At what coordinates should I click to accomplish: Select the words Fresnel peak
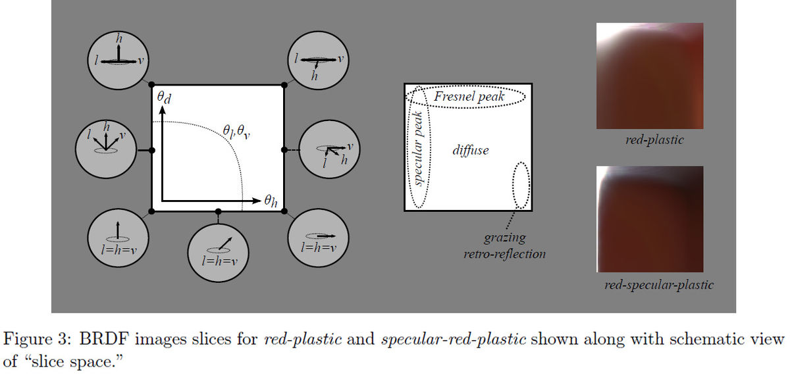(469, 97)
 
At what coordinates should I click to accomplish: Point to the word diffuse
(471, 151)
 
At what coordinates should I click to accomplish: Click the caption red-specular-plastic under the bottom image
(659, 286)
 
